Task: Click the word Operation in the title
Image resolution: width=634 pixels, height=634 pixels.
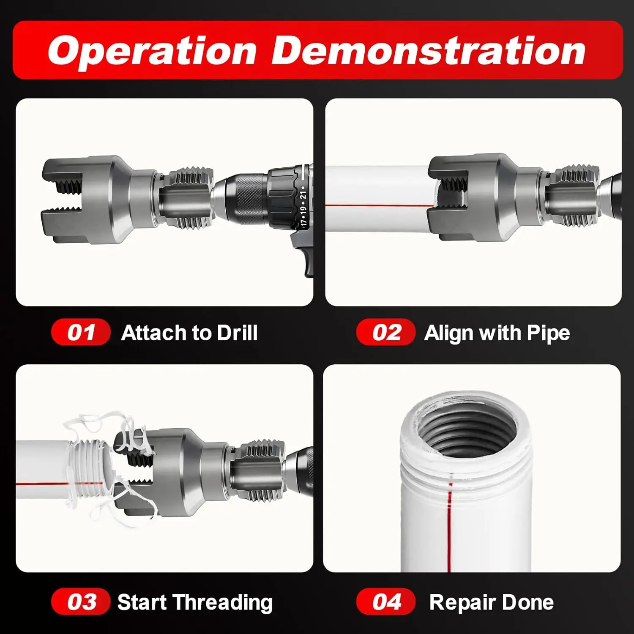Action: click(x=153, y=51)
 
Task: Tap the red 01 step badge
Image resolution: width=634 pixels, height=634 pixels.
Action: click(x=81, y=332)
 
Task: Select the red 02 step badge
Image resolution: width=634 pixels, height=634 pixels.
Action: click(x=385, y=332)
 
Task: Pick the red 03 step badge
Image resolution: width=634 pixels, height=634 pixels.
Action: click(x=81, y=601)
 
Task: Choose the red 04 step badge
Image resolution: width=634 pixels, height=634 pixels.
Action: click(x=385, y=601)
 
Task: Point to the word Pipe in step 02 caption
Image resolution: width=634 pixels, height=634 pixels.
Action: click(x=548, y=333)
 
